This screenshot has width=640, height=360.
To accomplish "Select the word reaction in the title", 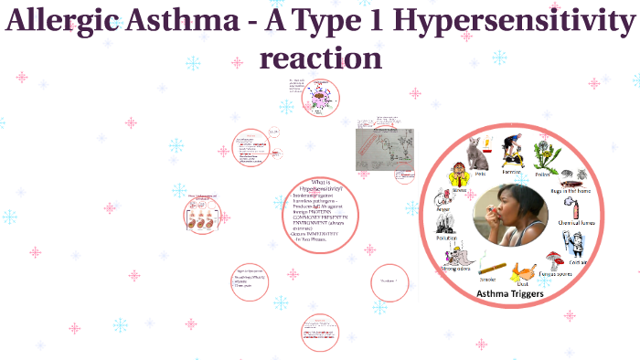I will click(x=320, y=58).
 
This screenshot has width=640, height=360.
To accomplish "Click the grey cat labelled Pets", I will click(x=477, y=152).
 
